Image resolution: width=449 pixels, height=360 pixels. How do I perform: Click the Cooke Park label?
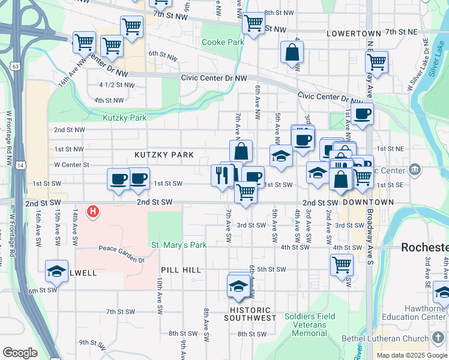[223, 43]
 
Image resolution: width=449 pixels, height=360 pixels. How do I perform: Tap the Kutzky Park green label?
[125, 118]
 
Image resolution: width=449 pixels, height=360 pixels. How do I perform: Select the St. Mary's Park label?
[179, 245]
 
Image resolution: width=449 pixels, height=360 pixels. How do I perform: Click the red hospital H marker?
[93, 211]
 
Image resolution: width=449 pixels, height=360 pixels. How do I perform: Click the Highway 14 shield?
[21, 164]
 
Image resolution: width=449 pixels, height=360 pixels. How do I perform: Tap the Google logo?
[20, 353]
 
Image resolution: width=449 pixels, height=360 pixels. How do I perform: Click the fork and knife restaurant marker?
[220, 175]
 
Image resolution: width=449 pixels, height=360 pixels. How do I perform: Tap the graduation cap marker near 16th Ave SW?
[57, 271]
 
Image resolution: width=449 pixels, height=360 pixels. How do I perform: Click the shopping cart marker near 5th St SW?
[342, 264]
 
